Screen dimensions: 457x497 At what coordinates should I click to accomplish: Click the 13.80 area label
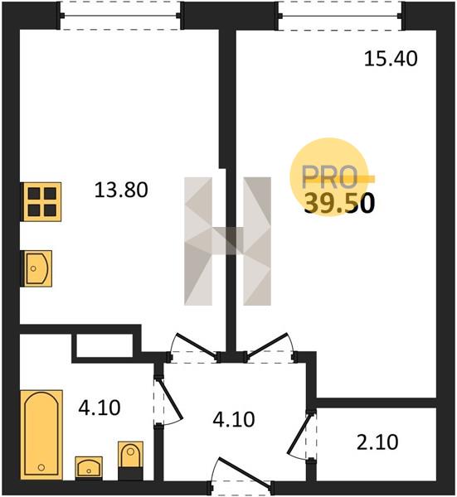[121, 191]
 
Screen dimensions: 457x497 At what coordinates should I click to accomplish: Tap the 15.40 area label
[391, 59]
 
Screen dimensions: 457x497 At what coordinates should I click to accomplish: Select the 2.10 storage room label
[377, 442]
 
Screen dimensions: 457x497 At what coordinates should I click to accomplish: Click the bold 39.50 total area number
[339, 204]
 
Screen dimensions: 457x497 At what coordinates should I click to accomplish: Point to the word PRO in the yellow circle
[329, 177]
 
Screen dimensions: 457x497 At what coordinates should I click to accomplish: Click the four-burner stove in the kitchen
[41, 201]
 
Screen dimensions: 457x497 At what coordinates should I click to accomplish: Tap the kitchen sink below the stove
[36, 268]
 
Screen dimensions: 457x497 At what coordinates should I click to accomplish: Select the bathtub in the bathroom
[41, 435]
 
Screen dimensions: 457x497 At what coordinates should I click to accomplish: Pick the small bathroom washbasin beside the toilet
[89, 468]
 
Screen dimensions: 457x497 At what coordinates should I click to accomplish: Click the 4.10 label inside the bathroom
[100, 408]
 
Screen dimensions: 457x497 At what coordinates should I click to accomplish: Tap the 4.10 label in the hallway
[234, 419]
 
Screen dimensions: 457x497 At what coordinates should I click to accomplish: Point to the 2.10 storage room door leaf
[299, 432]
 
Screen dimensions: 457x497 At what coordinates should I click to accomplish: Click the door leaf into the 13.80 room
[196, 345]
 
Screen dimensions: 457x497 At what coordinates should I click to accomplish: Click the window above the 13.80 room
[120, 16]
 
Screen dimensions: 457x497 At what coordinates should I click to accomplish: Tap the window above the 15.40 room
[340, 16]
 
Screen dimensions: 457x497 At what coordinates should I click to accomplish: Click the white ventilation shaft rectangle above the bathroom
[105, 345]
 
